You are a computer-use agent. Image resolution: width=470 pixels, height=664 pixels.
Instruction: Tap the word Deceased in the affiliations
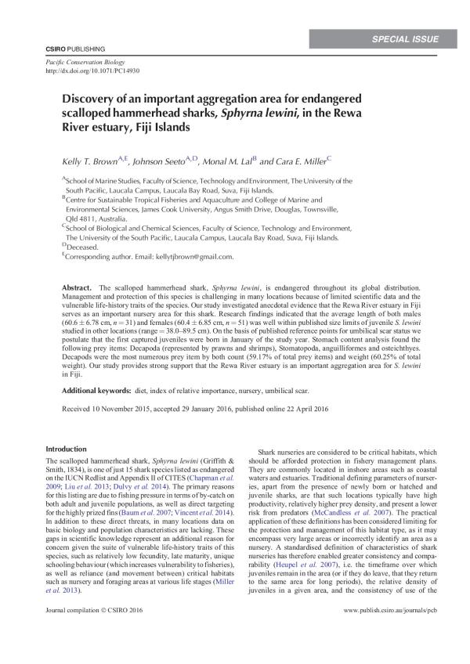click(x=84, y=246)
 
